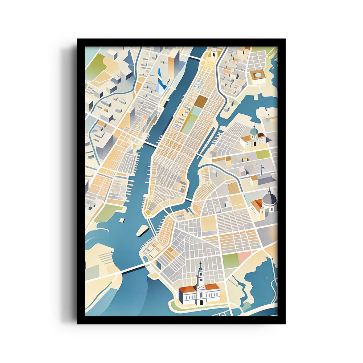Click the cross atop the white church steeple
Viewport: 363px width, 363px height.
[x=200, y=264]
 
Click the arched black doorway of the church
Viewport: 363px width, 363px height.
[x=201, y=302]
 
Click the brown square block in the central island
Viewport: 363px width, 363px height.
[x=201, y=101]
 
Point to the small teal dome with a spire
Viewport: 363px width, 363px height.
[x=254, y=130]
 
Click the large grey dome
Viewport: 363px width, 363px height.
[x=270, y=199]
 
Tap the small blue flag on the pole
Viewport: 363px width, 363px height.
[x=262, y=167]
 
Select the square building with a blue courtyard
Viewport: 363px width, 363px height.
[x=258, y=76]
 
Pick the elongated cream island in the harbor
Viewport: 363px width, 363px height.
[x=142, y=230]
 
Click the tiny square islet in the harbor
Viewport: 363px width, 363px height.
[x=122, y=220]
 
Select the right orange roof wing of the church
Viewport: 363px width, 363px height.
[x=213, y=287]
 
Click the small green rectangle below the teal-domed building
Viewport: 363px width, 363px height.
[x=263, y=154]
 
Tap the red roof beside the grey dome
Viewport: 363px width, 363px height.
[x=258, y=203]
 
